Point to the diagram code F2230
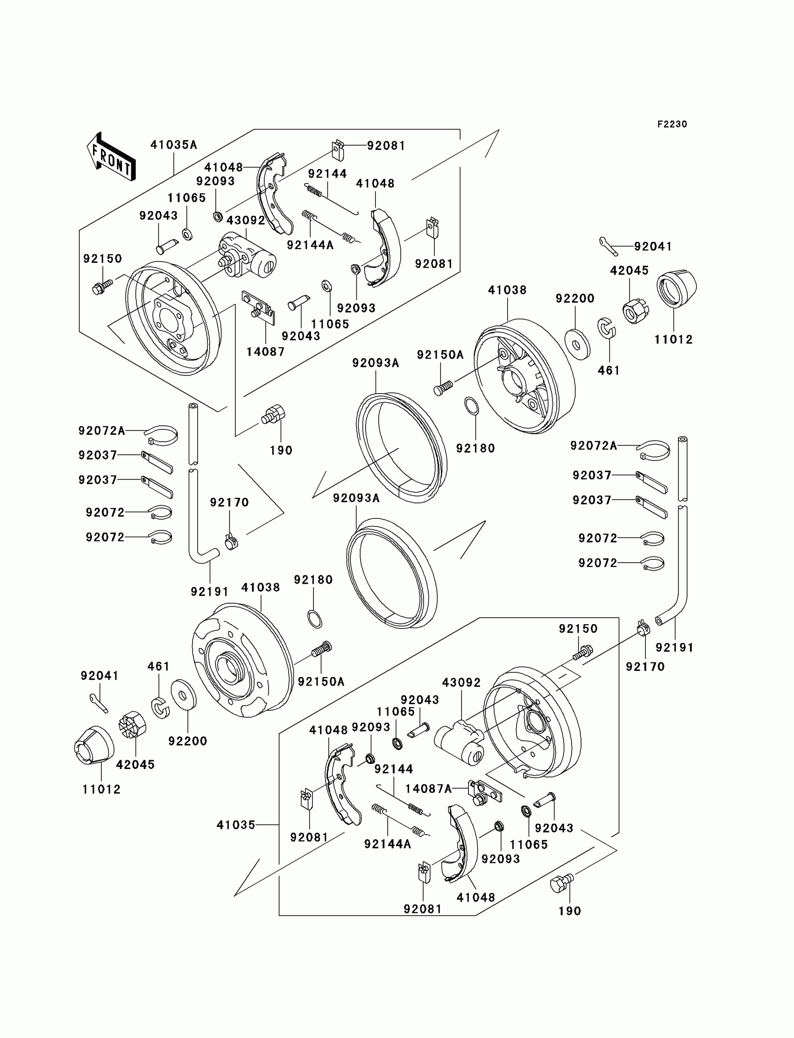[672, 124]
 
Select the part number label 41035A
[173, 145]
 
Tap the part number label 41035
[236, 825]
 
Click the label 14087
[266, 352]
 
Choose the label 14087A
[429, 789]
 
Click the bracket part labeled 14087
[259, 307]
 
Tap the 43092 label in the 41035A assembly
[246, 221]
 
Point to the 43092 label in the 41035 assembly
[461, 683]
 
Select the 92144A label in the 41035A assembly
[310, 245]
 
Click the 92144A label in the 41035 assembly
[388, 844]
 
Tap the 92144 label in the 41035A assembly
[327, 174]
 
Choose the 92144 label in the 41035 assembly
[394, 769]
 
